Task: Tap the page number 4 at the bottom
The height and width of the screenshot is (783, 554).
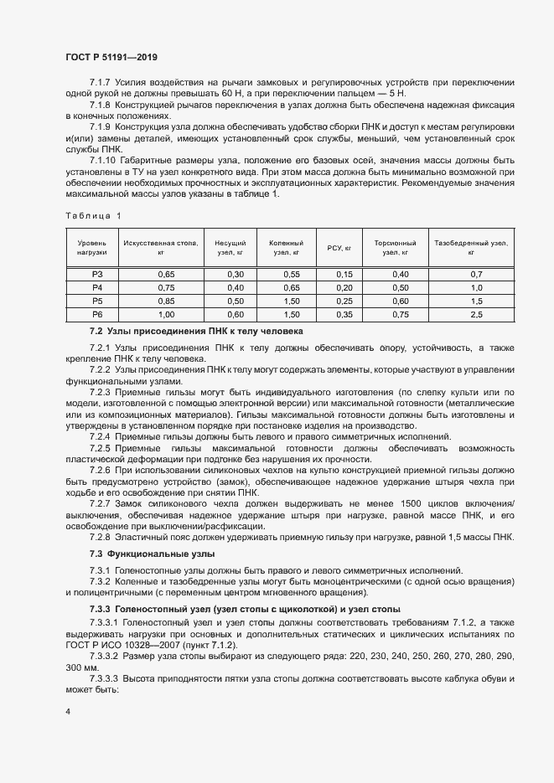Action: [x=68, y=711]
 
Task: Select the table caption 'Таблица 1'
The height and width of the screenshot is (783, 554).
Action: [x=93, y=216]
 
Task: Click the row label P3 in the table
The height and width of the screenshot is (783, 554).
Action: [x=97, y=275]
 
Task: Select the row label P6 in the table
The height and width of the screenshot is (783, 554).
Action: [x=97, y=314]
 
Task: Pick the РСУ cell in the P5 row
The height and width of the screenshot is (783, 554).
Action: [x=344, y=301]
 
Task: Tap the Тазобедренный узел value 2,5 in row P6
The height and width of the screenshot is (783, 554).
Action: [x=477, y=314]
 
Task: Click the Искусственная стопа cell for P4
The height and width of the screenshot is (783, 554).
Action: [x=166, y=287]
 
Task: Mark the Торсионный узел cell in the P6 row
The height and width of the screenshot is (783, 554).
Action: [x=401, y=314]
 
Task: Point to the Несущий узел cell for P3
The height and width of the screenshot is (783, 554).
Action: [x=236, y=275]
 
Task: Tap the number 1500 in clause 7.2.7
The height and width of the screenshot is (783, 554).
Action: [x=388, y=502]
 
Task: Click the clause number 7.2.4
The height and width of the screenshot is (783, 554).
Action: [x=102, y=437]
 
